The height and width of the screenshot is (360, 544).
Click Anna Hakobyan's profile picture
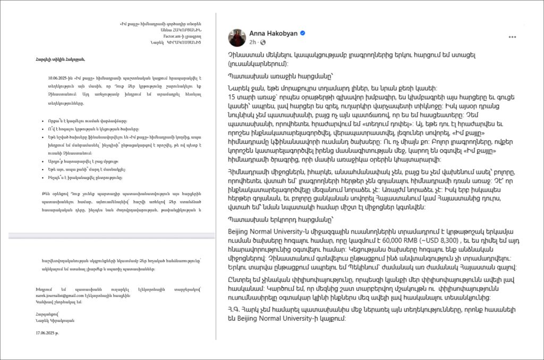(x=237, y=38)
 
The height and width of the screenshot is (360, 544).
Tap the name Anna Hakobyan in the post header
(x=273, y=33)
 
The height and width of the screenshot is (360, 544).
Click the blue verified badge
(x=303, y=33)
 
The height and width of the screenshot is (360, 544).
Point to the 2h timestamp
(x=253, y=42)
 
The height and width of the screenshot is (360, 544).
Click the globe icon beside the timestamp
(x=262, y=42)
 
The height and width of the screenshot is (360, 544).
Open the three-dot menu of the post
(x=512, y=37)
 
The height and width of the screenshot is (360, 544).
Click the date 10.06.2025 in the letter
(x=58, y=78)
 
